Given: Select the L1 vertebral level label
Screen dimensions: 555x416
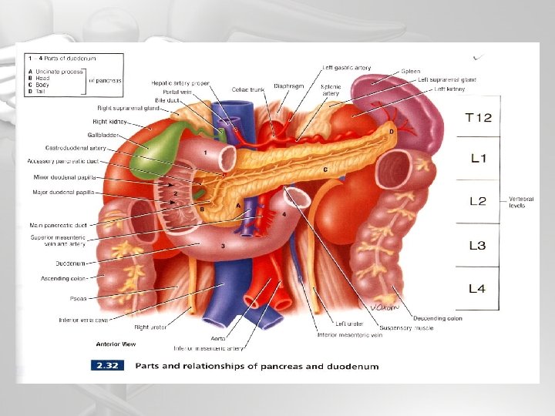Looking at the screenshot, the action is click(479, 159).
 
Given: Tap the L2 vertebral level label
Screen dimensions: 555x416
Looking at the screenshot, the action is click(479, 202).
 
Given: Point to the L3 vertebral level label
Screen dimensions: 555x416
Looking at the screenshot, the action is click(479, 246).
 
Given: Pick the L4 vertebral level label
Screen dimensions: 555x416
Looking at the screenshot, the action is click(479, 289).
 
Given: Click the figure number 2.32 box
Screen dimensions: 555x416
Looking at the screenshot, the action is click(109, 366).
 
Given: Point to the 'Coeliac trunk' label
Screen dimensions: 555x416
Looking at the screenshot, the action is click(247, 89).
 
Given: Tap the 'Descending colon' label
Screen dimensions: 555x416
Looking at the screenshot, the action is click(438, 317).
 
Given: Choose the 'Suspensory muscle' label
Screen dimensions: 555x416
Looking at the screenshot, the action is click(412, 327).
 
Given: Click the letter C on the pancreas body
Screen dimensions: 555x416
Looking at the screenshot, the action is click(326, 169).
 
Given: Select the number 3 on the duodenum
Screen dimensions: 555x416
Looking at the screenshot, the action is click(222, 246).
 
